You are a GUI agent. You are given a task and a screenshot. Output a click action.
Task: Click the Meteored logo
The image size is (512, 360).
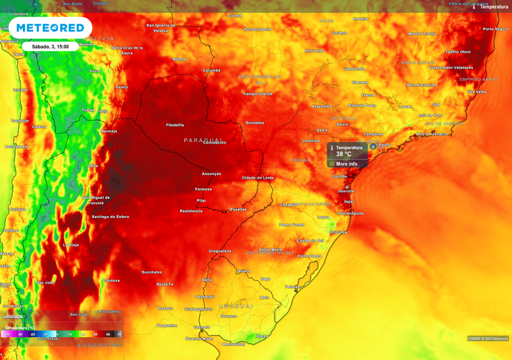click(50, 28)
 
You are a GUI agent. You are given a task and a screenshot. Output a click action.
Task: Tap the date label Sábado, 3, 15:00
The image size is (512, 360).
click(50, 47)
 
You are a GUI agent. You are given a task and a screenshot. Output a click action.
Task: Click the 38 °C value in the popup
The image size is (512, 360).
click(344, 155)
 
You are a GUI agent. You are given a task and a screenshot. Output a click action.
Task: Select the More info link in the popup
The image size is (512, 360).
click(346, 164)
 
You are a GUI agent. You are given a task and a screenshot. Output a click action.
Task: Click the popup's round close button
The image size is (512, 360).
click(373, 147)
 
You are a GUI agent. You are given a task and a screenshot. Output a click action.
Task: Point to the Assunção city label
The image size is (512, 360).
click(211, 174)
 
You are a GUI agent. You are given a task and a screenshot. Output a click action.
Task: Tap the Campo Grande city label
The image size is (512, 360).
click(258, 94)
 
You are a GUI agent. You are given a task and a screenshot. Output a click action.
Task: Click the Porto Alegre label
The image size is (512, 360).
click(309, 256)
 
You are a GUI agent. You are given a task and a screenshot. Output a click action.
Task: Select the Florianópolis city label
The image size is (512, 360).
click(351, 213)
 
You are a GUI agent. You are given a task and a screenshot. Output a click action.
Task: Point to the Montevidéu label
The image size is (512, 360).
click(234, 344)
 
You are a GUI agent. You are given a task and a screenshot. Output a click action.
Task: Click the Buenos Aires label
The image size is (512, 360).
click(199, 338)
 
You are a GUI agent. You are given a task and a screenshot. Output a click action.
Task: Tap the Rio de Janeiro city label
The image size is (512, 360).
click(432, 134)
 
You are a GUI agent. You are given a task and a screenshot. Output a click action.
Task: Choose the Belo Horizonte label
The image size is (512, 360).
click(421, 85)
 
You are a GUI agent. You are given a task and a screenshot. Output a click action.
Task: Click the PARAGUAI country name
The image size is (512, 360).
click(204, 140)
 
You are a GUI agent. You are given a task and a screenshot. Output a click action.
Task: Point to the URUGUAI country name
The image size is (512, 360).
click(236, 306)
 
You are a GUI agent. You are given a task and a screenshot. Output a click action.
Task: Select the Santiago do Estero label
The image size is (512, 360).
click(110, 217)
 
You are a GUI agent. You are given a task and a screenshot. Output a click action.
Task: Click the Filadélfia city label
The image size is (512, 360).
click(175, 125)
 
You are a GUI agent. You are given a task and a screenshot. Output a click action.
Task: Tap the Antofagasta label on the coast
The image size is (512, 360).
click(16, 147)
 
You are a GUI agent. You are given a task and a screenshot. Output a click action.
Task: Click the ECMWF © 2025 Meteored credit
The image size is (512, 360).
click(488, 338)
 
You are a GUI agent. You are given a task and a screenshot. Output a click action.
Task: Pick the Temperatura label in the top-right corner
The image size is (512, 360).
click(493, 7)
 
